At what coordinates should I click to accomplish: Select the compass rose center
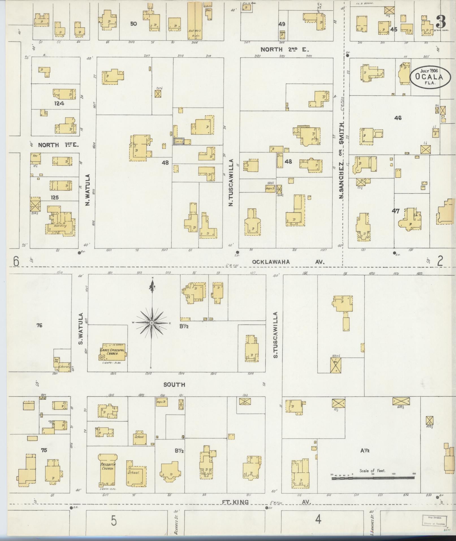[x=152, y=323]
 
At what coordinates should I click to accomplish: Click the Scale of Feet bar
[x=373, y=478]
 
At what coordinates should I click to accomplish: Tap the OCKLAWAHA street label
[x=271, y=262]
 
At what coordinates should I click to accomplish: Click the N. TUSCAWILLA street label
[x=231, y=182]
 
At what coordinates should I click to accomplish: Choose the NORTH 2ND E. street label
[x=285, y=49]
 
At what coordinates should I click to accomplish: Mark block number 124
[x=59, y=104]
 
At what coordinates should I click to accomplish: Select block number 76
[x=39, y=326]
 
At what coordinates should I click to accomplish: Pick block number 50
[x=133, y=24]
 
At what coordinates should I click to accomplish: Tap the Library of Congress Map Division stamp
[x=435, y=520]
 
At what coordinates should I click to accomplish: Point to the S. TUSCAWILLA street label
[x=276, y=335]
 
